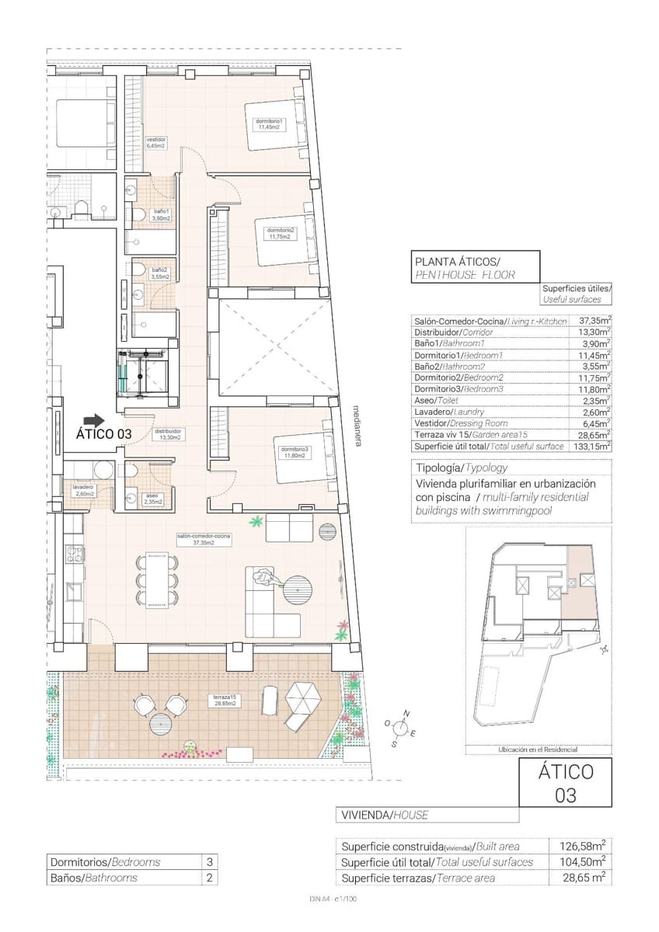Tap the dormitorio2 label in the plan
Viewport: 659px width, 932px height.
coord(280,233)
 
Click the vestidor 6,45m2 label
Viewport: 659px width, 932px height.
coord(156,142)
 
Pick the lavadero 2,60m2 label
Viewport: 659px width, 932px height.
coord(83,489)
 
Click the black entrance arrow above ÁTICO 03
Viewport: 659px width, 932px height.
coord(93,419)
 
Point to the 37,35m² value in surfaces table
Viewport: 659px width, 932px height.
coord(594,320)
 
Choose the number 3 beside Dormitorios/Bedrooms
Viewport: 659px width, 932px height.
coord(209,862)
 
